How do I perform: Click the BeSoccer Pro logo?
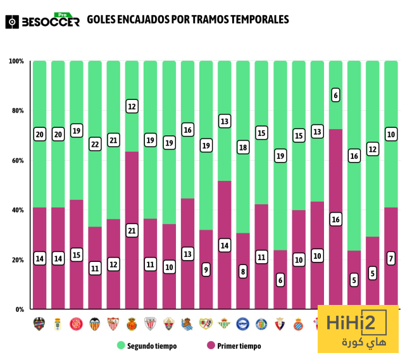pos(42,20)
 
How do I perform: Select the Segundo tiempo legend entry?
pos(147,346)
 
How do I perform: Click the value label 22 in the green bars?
pos(95,145)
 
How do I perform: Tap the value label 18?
pos(243,147)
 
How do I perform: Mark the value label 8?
pos(243,271)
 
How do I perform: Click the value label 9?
pos(206,270)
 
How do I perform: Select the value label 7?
pos(391,259)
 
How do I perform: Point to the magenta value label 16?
pos(335,220)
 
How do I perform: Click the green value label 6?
pos(335,96)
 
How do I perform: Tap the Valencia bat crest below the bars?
pos(95,324)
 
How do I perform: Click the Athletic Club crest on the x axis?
pos(150,324)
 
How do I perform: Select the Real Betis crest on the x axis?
pos(224,324)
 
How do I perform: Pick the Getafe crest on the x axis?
pos(261,324)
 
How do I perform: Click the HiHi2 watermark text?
pos(357,324)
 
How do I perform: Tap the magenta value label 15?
pos(77,254)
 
